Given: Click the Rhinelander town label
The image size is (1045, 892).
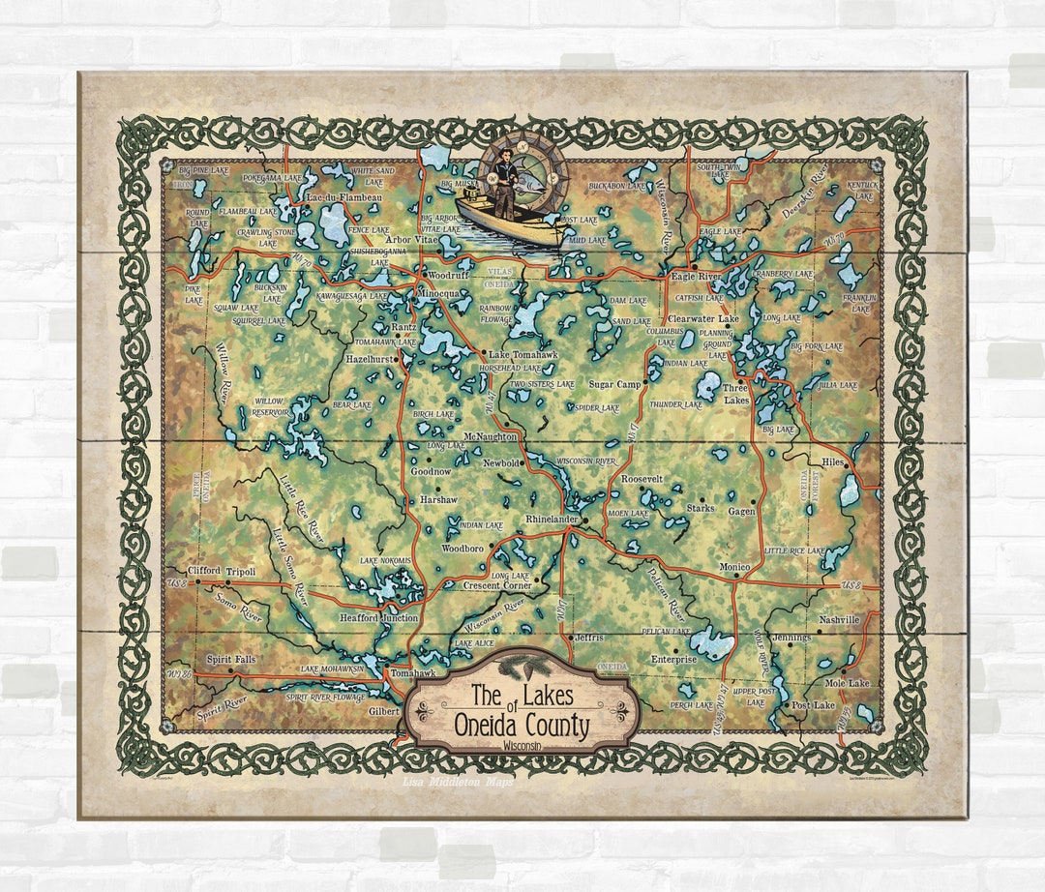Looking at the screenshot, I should pos(550,520).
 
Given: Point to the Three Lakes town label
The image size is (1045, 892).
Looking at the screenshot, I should pos(736,394).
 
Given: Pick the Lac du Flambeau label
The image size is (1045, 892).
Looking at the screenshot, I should pos(343,198).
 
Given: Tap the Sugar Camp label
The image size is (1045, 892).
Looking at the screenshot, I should pos(614,384).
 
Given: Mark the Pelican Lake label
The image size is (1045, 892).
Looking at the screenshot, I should pos(666,631).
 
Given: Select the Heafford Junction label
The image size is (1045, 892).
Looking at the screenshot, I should pos(378,618).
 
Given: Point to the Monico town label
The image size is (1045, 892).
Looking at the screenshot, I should pos(734,566).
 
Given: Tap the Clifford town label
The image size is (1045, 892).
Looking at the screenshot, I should pos(204,571).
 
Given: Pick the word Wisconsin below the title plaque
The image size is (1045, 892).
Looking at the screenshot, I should pos(522,747).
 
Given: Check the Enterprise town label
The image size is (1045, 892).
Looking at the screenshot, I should pos(673,659).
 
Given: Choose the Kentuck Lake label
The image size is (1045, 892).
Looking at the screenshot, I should pos(862,190).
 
